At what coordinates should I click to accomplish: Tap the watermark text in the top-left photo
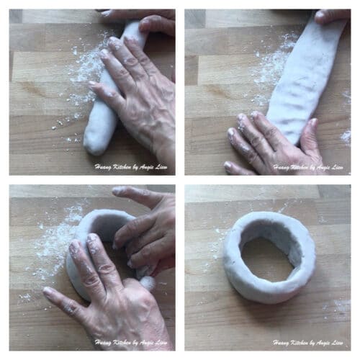click(x=131, y=167)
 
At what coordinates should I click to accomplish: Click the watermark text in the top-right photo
click(x=308, y=167)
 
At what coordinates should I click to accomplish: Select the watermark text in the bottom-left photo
click(x=131, y=343)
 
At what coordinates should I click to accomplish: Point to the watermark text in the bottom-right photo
click(x=308, y=343)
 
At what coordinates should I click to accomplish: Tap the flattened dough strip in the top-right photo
click(x=305, y=79)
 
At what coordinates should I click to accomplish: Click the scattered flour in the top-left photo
click(x=81, y=79)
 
